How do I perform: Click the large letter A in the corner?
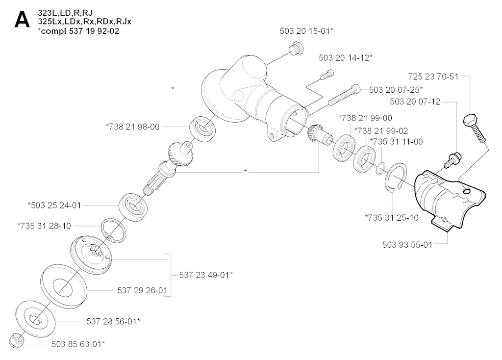tap(22, 20)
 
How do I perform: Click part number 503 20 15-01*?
tap(306, 31)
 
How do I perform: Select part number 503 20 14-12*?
tap(346, 58)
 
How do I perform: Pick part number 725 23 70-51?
tap(433, 77)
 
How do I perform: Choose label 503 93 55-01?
tap(407, 245)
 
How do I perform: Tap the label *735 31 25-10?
tap(392, 218)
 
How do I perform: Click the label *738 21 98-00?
tap(132, 127)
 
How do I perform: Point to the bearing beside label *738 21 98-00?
tap(203, 127)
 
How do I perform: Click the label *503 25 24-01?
tap(54, 206)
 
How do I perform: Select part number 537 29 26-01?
tap(142, 290)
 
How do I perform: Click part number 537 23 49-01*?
tap(206, 275)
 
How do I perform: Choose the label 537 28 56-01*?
tap(113, 321)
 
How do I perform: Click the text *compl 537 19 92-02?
tap(78, 31)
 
